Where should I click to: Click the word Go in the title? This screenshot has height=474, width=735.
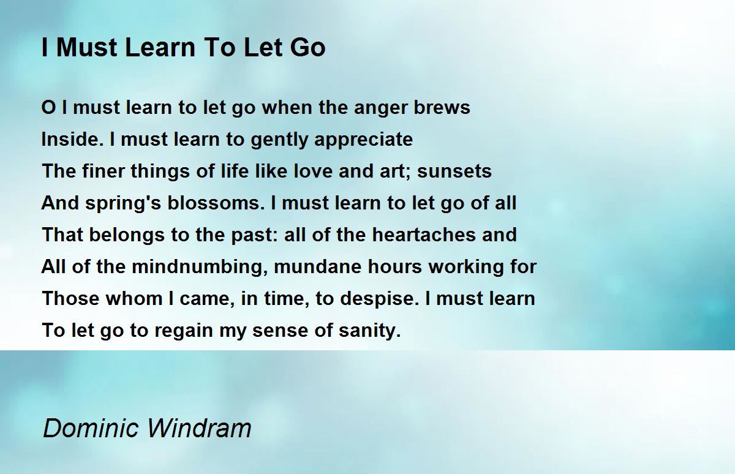307,48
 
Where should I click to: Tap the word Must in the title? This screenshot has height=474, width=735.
86,48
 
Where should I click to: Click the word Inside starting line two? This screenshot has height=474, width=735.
70,139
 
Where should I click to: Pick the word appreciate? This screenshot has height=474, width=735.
364,141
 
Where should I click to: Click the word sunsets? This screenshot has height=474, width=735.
454,171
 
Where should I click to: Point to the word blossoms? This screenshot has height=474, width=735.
216,203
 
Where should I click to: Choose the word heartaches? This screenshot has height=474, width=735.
424,235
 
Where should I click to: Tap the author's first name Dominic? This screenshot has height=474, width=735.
91,428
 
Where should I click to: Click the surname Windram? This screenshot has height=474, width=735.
199,428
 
